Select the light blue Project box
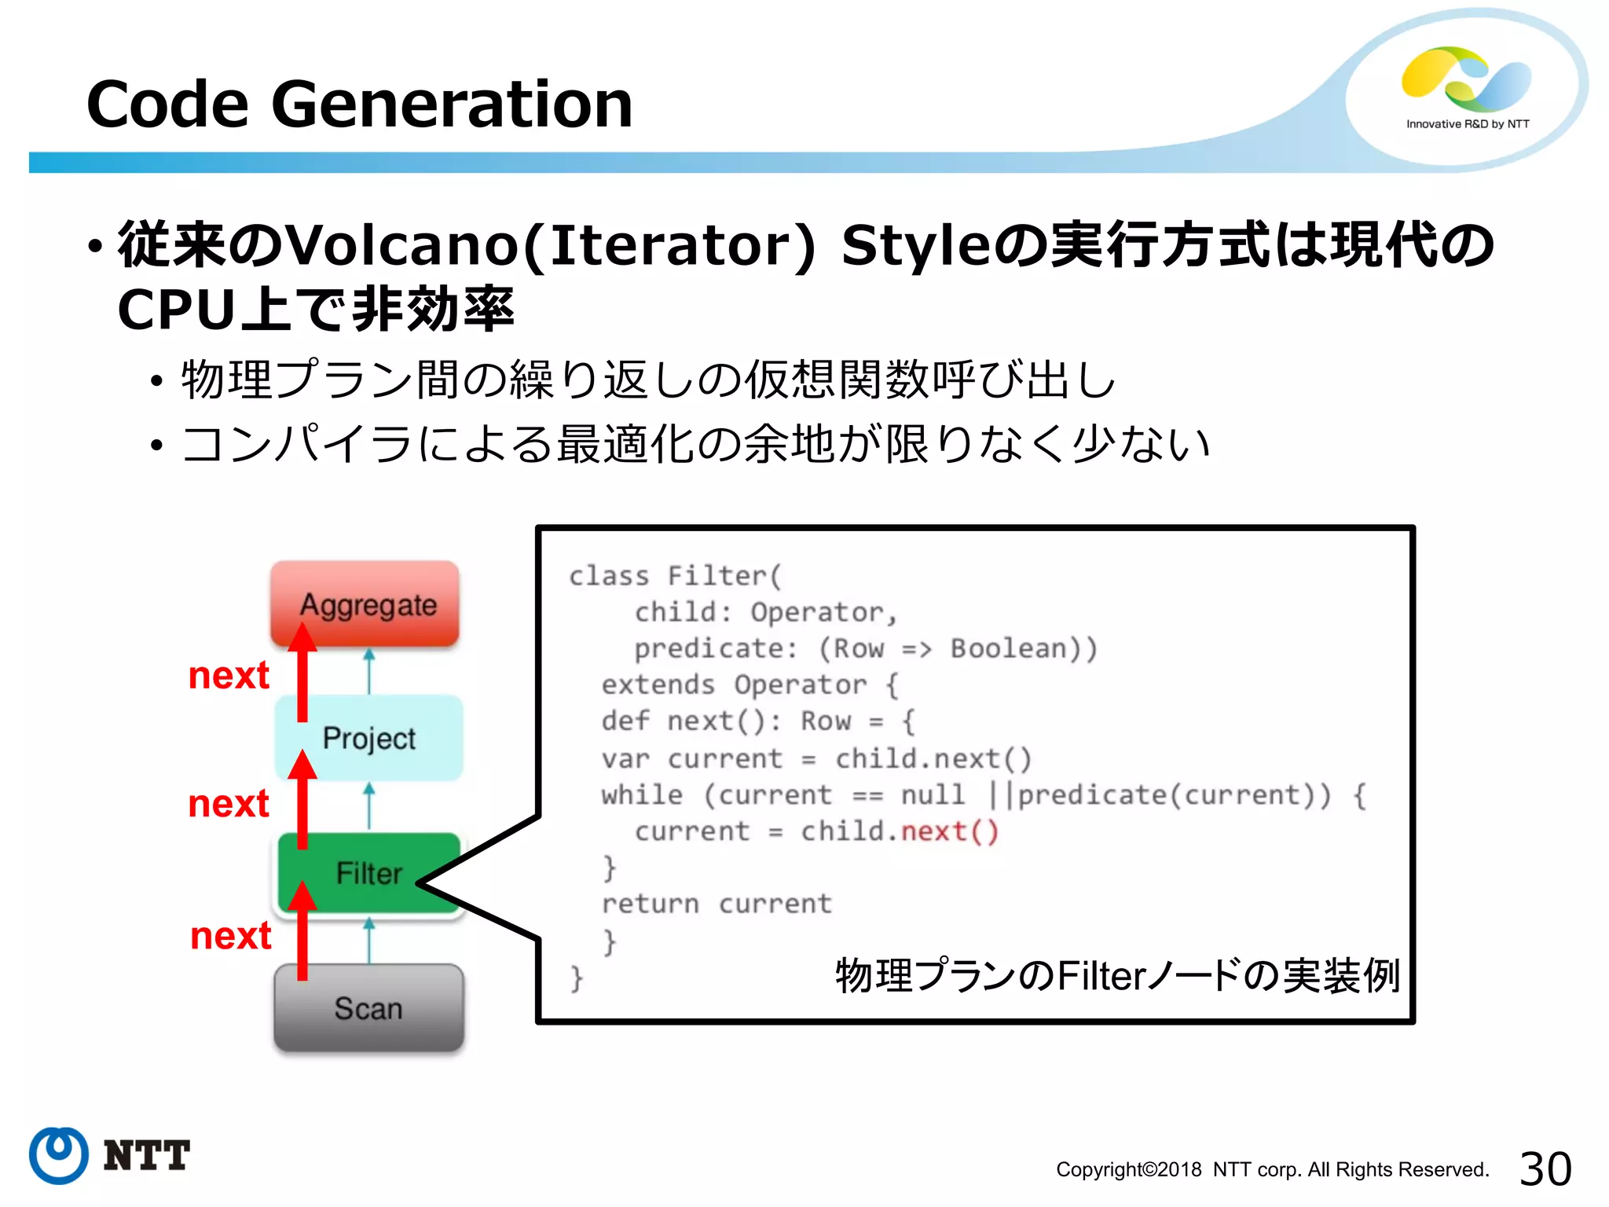[369, 737]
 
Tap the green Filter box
[369, 872]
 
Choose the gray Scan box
[368, 1007]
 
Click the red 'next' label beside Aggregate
[229, 675]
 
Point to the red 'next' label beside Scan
[231, 935]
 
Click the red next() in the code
[949, 831]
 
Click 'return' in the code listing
[650, 904]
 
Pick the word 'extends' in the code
[658, 684]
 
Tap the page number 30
[1545, 1168]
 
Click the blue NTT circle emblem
[59, 1155]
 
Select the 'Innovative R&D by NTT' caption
[1468, 124]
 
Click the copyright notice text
[1272, 1169]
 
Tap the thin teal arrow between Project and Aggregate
[369, 670]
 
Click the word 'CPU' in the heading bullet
[176, 310]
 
